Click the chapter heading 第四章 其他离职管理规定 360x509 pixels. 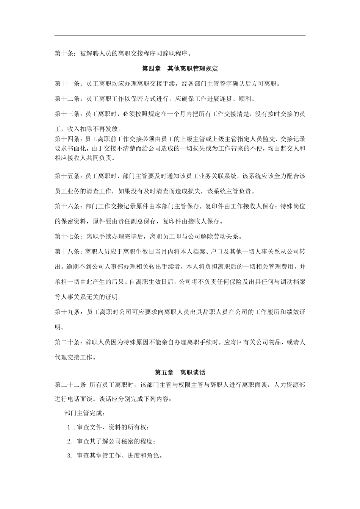point(180,69)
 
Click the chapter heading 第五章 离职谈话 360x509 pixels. point(180,372)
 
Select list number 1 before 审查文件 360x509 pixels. point(69,427)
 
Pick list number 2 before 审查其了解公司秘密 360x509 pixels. point(69,441)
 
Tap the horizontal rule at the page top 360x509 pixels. point(180,35)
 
